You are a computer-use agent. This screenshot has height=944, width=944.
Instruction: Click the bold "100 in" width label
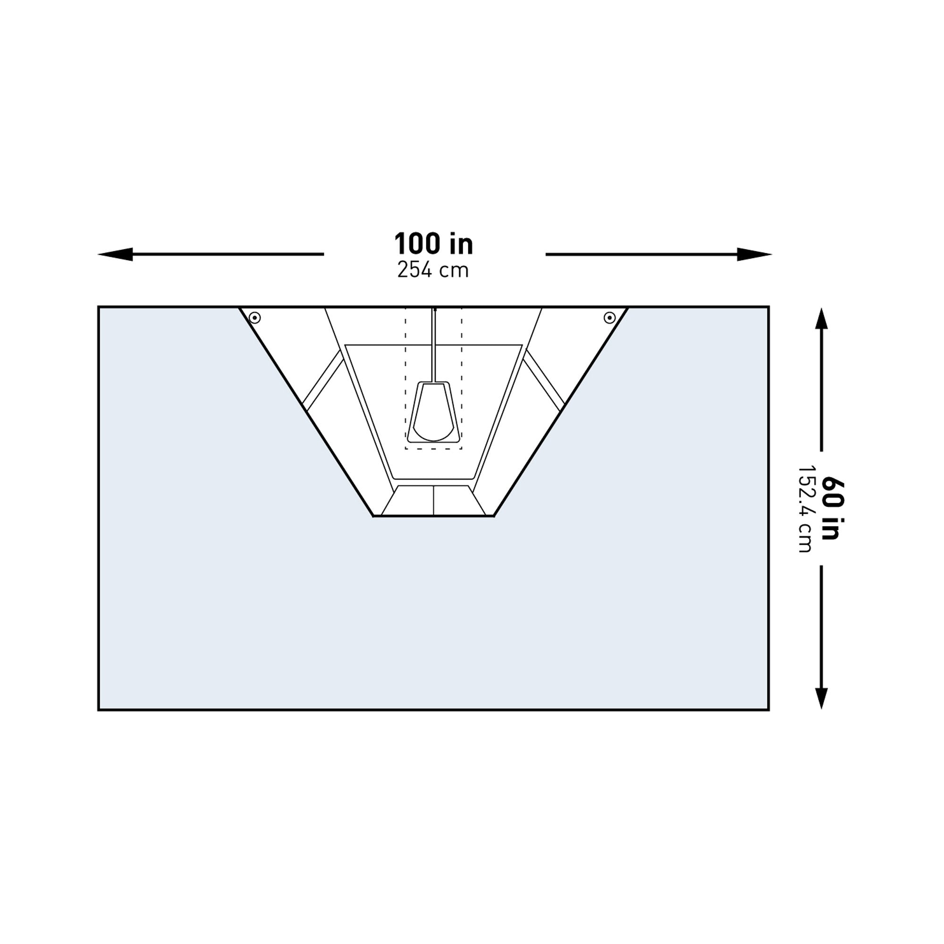pos(433,244)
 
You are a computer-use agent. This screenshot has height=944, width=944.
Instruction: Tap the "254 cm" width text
pos(433,270)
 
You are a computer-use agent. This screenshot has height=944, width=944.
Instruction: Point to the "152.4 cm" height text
pos(805,508)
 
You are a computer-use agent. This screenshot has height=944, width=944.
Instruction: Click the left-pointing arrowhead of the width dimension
pos(115,254)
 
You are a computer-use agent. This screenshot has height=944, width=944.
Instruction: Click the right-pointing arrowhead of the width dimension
pos(754,254)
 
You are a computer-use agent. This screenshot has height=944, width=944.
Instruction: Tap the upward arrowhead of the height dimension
pos(821,319)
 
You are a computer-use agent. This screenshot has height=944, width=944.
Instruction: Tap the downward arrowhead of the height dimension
pos(821,698)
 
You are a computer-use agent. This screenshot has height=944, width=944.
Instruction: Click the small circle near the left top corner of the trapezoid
pos(254,318)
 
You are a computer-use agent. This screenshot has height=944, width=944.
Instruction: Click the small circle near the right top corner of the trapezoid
pos(609,318)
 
